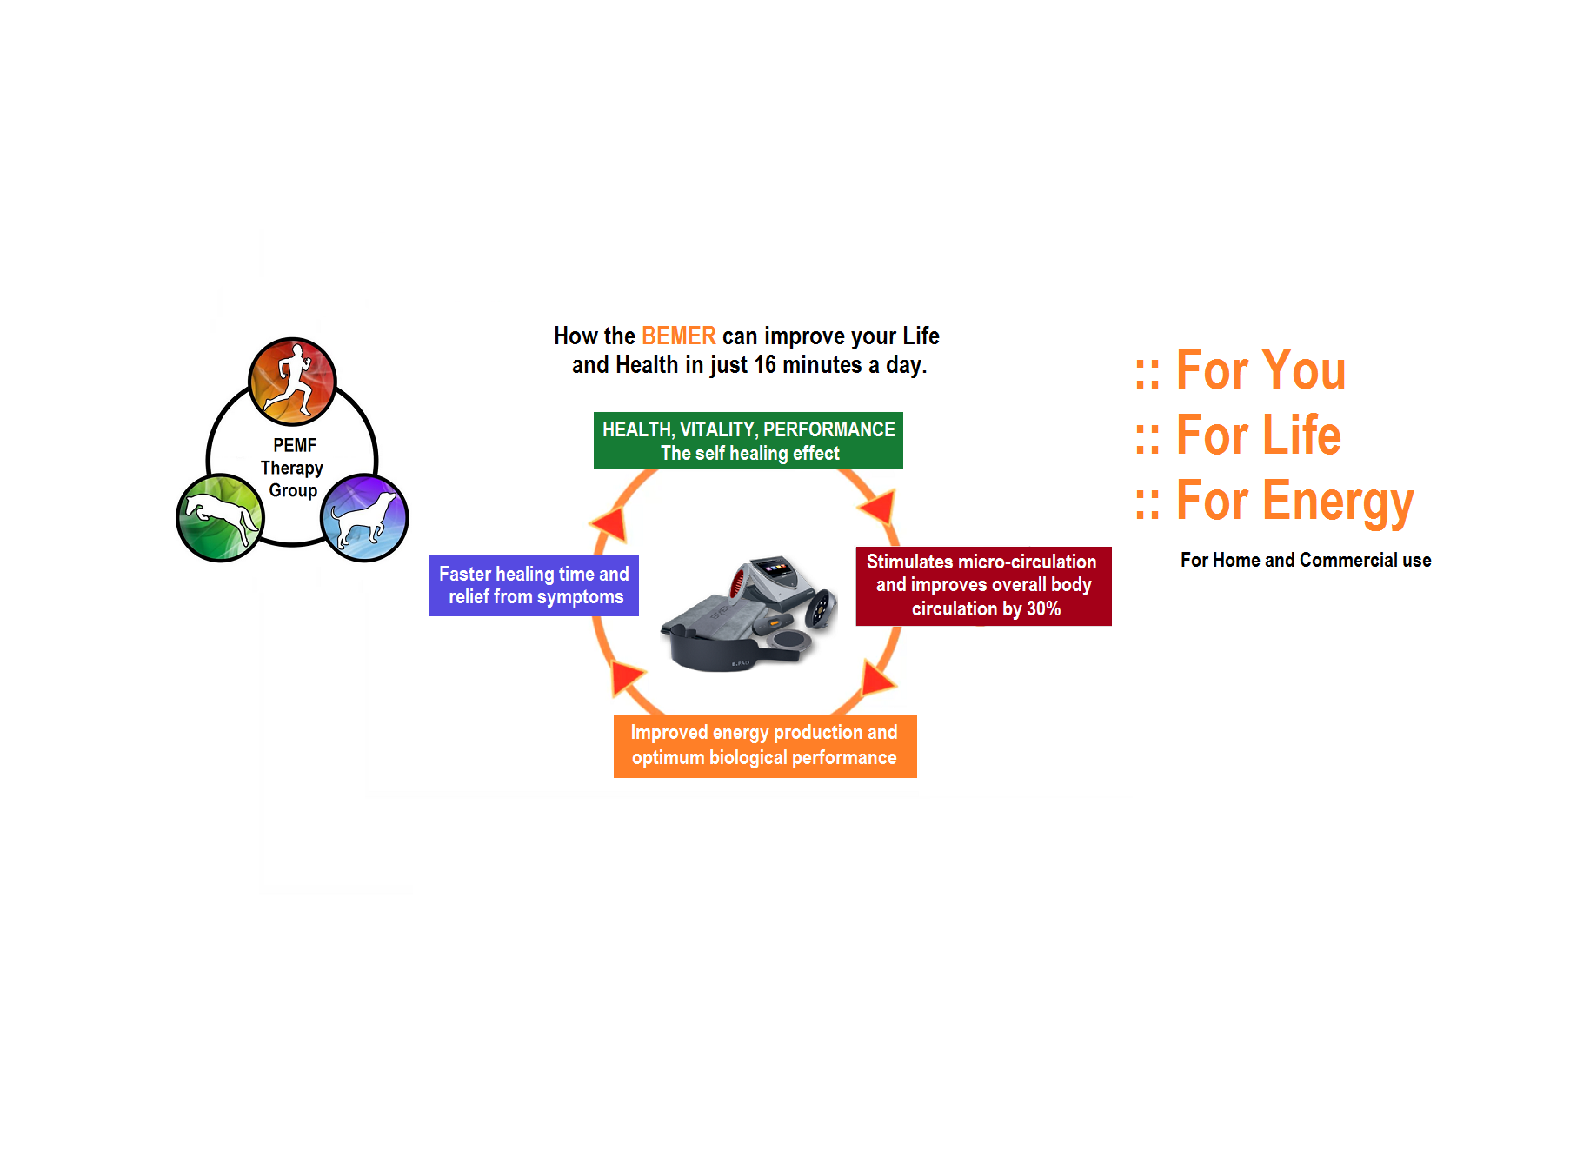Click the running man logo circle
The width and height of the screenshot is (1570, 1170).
(x=292, y=382)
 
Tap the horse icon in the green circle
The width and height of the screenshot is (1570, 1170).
(x=220, y=518)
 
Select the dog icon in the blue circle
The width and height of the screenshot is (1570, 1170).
(x=364, y=518)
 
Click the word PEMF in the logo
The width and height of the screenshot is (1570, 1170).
(x=295, y=445)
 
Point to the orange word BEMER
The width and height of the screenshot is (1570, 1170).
(x=678, y=336)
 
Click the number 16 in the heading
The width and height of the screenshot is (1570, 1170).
(x=764, y=365)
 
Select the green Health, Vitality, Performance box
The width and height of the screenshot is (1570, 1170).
(x=748, y=441)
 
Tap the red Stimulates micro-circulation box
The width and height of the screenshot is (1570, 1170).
(x=983, y=586)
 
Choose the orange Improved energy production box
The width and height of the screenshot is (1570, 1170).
(x=764, y=746)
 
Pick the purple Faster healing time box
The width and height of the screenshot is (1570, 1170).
(x=533, y=585)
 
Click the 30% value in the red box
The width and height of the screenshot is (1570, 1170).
(x=1043, y=609)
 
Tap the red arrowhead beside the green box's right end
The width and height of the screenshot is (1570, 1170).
(x=880, y=505)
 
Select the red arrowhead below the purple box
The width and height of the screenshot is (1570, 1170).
(x=625, y=676)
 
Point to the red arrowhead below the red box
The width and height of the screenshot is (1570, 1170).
(x=878, y=677)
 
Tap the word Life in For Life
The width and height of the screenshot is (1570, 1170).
(x=1301, y=435)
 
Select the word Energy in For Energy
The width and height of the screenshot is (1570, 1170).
(x=1338, y=502)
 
